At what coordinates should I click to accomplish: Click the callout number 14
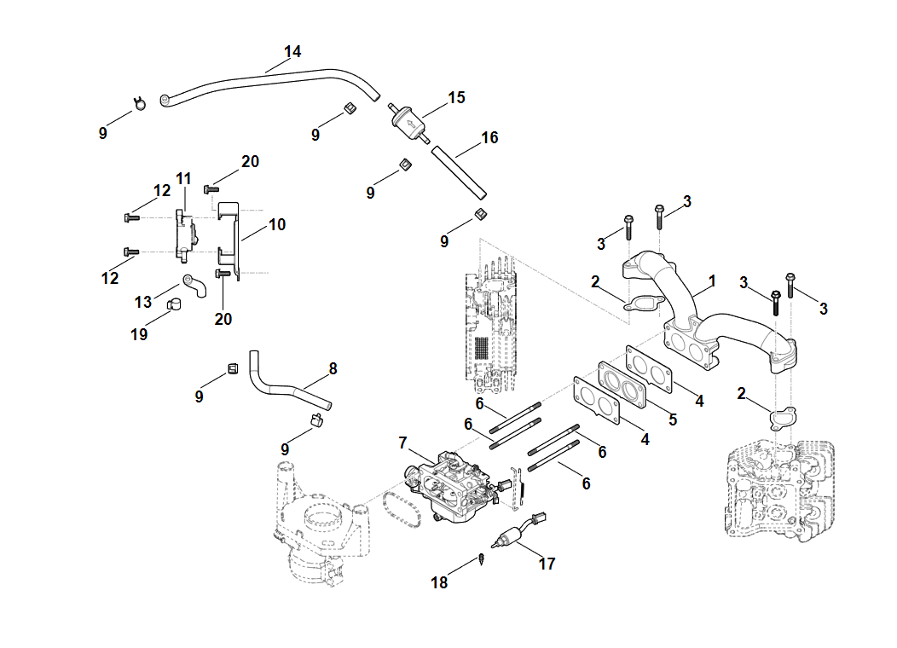pyautogui.click(x=292, y=52)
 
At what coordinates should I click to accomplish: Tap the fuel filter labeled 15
pyautogui.click(x=409, y=124)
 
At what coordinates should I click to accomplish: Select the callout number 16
pyautogui.click(x=489, y=137)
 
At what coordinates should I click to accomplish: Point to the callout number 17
pyautogui.click(x=547, y=564)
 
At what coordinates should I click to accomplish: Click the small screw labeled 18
pyautogui.click(x=482, y=561)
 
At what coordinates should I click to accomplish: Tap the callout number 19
pyautogui.click(x=139, y=334)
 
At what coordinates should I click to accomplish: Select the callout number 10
pyautogui.click(x=277, y=225)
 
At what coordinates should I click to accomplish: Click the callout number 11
pyautogui.click(x=183, y=178)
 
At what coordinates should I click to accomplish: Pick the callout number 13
pyautogui.click(x=142, y=302)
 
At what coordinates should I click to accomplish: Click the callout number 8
pyautogui.click(x=333, y=368)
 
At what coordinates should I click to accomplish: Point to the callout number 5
pyautogui.click(x=672, y=419)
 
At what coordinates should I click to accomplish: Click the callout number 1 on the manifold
pyautogui.click(x=712, y=281)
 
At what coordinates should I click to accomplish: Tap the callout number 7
pyautogui.click(x=403, y=443)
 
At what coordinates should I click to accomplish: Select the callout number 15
pyautogui.click(x=456, y=97)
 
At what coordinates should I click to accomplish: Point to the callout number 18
pyautogui.click(x=439, y=583)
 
